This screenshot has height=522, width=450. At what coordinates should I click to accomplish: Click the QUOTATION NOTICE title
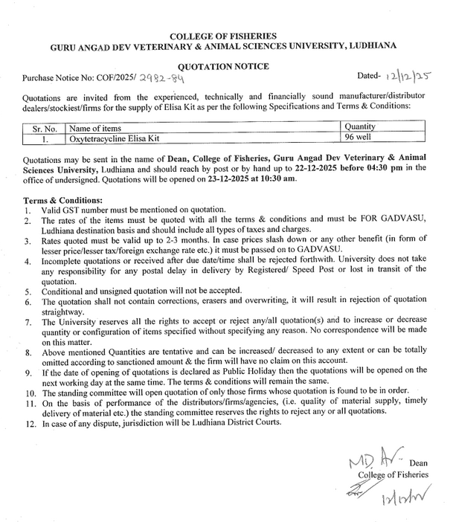pyautogui.click(x=223, y=65)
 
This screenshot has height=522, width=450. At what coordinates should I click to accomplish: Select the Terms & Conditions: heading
pyautogui.click(x=63, y=201)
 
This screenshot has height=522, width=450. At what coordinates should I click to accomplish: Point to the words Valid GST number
pyautogui.click(x=75, y=211)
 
